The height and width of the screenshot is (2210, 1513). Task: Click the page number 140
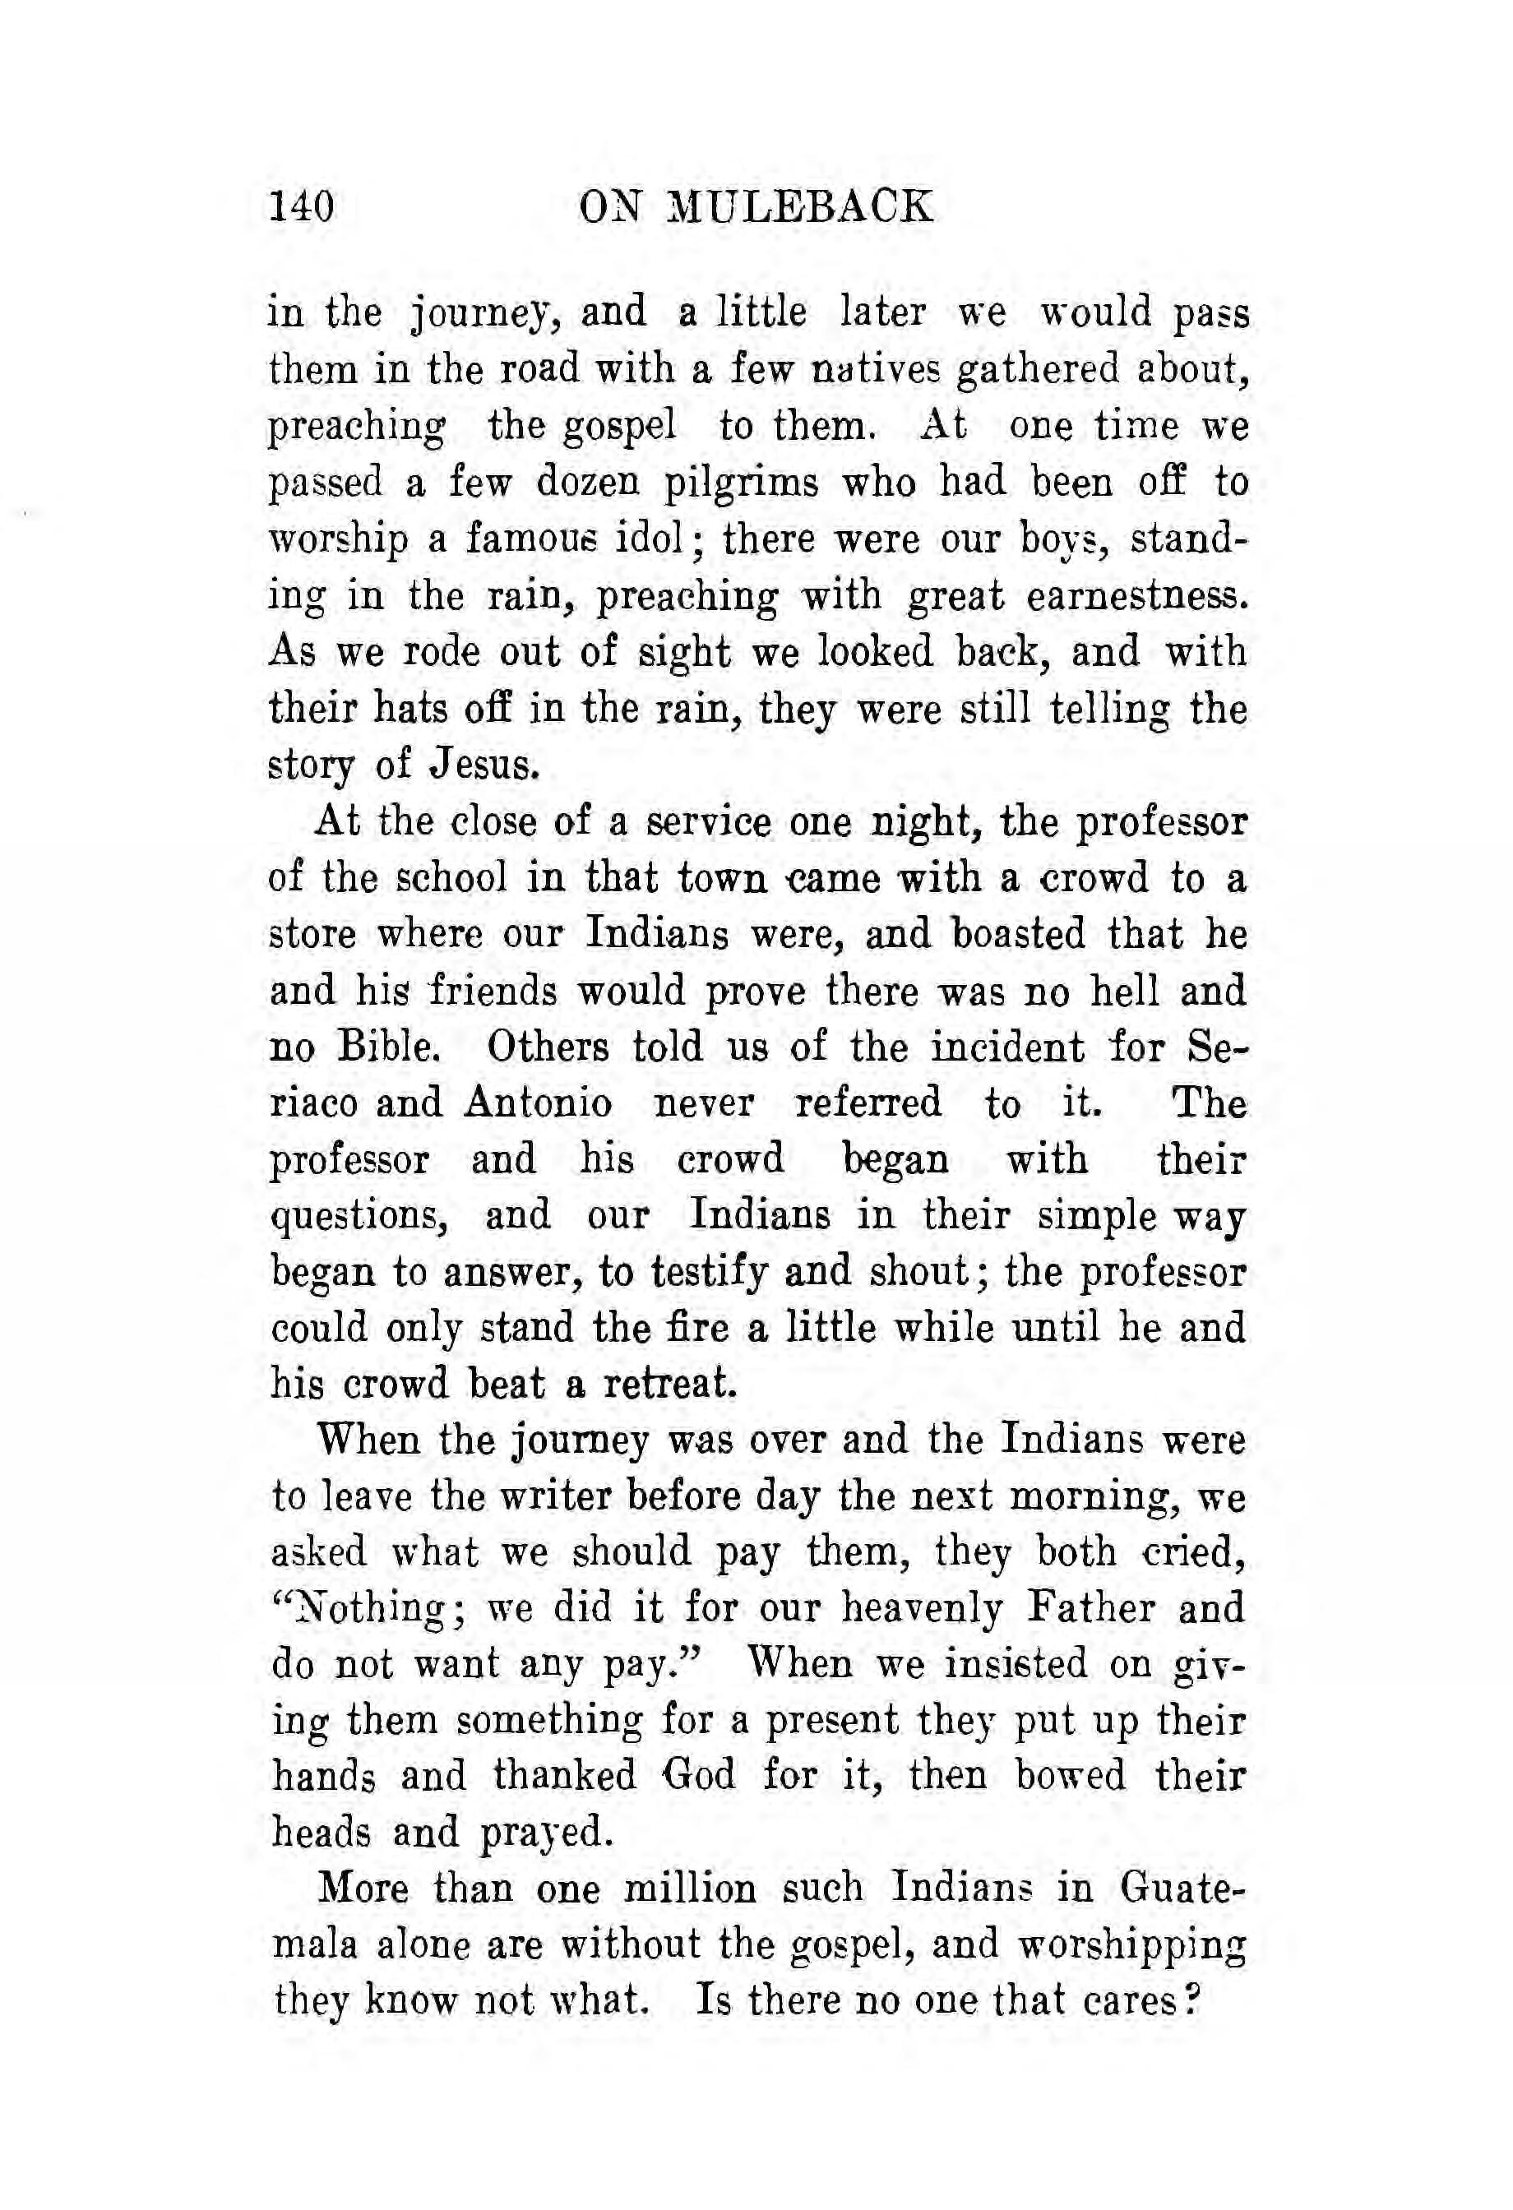click(x=302, y=206)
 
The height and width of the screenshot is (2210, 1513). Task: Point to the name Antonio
click(x=539, y=1103)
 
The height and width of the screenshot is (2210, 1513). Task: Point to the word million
click(x=688, y=1889)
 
